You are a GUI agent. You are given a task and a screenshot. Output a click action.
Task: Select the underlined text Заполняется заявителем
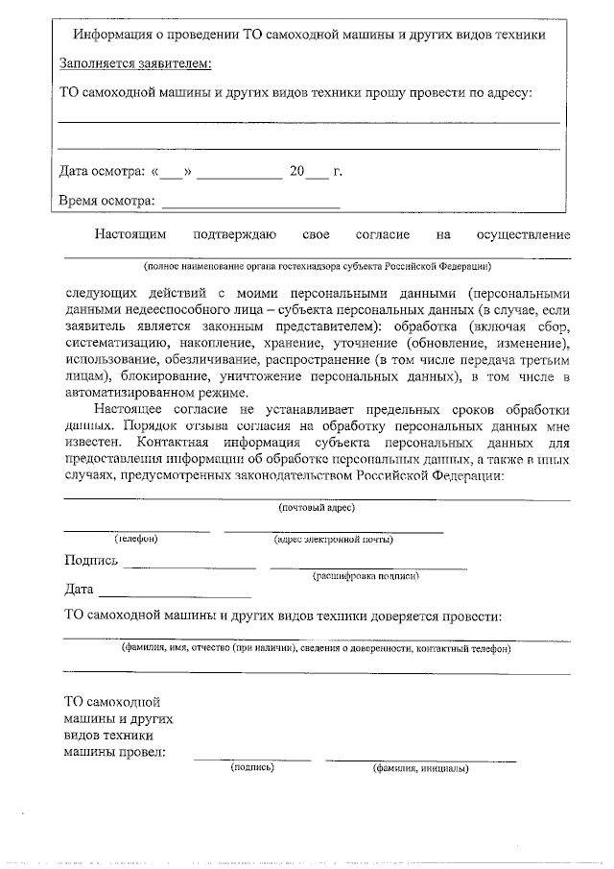click(135, 64)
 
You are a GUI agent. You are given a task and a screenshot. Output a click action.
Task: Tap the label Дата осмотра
click(102, 173)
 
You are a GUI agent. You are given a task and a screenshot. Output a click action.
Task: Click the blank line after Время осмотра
click(251, 204)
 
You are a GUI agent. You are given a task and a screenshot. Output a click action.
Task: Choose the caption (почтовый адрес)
click(317, 507)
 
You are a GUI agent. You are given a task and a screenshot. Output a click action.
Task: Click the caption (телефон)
click(136, 539)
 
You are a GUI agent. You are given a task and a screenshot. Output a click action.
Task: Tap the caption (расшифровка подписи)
click(366, 576)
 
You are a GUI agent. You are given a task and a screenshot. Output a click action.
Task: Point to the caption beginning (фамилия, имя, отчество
click(316, 649)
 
